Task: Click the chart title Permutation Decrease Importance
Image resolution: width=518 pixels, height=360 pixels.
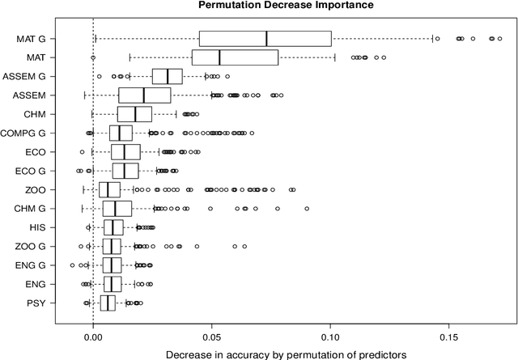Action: point(259,6)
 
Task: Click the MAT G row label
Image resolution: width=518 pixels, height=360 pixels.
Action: point(32,39)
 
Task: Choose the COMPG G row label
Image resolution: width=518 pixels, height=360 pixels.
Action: point(24,133)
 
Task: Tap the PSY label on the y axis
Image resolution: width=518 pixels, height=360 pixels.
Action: point(37,303)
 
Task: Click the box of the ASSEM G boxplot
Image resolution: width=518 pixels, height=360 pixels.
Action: point(168,77)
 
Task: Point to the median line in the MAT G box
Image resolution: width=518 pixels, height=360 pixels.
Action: point(266,39)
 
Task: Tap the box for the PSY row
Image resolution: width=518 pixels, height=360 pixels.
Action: point(108,303)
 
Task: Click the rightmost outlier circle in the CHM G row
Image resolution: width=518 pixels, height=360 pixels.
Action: point(307,209)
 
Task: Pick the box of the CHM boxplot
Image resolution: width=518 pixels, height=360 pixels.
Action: point(134,114)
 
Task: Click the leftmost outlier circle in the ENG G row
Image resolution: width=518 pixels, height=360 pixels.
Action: point(72,265)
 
